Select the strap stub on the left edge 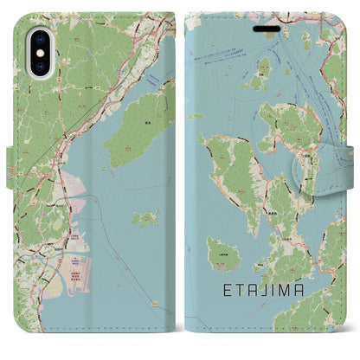10,156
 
